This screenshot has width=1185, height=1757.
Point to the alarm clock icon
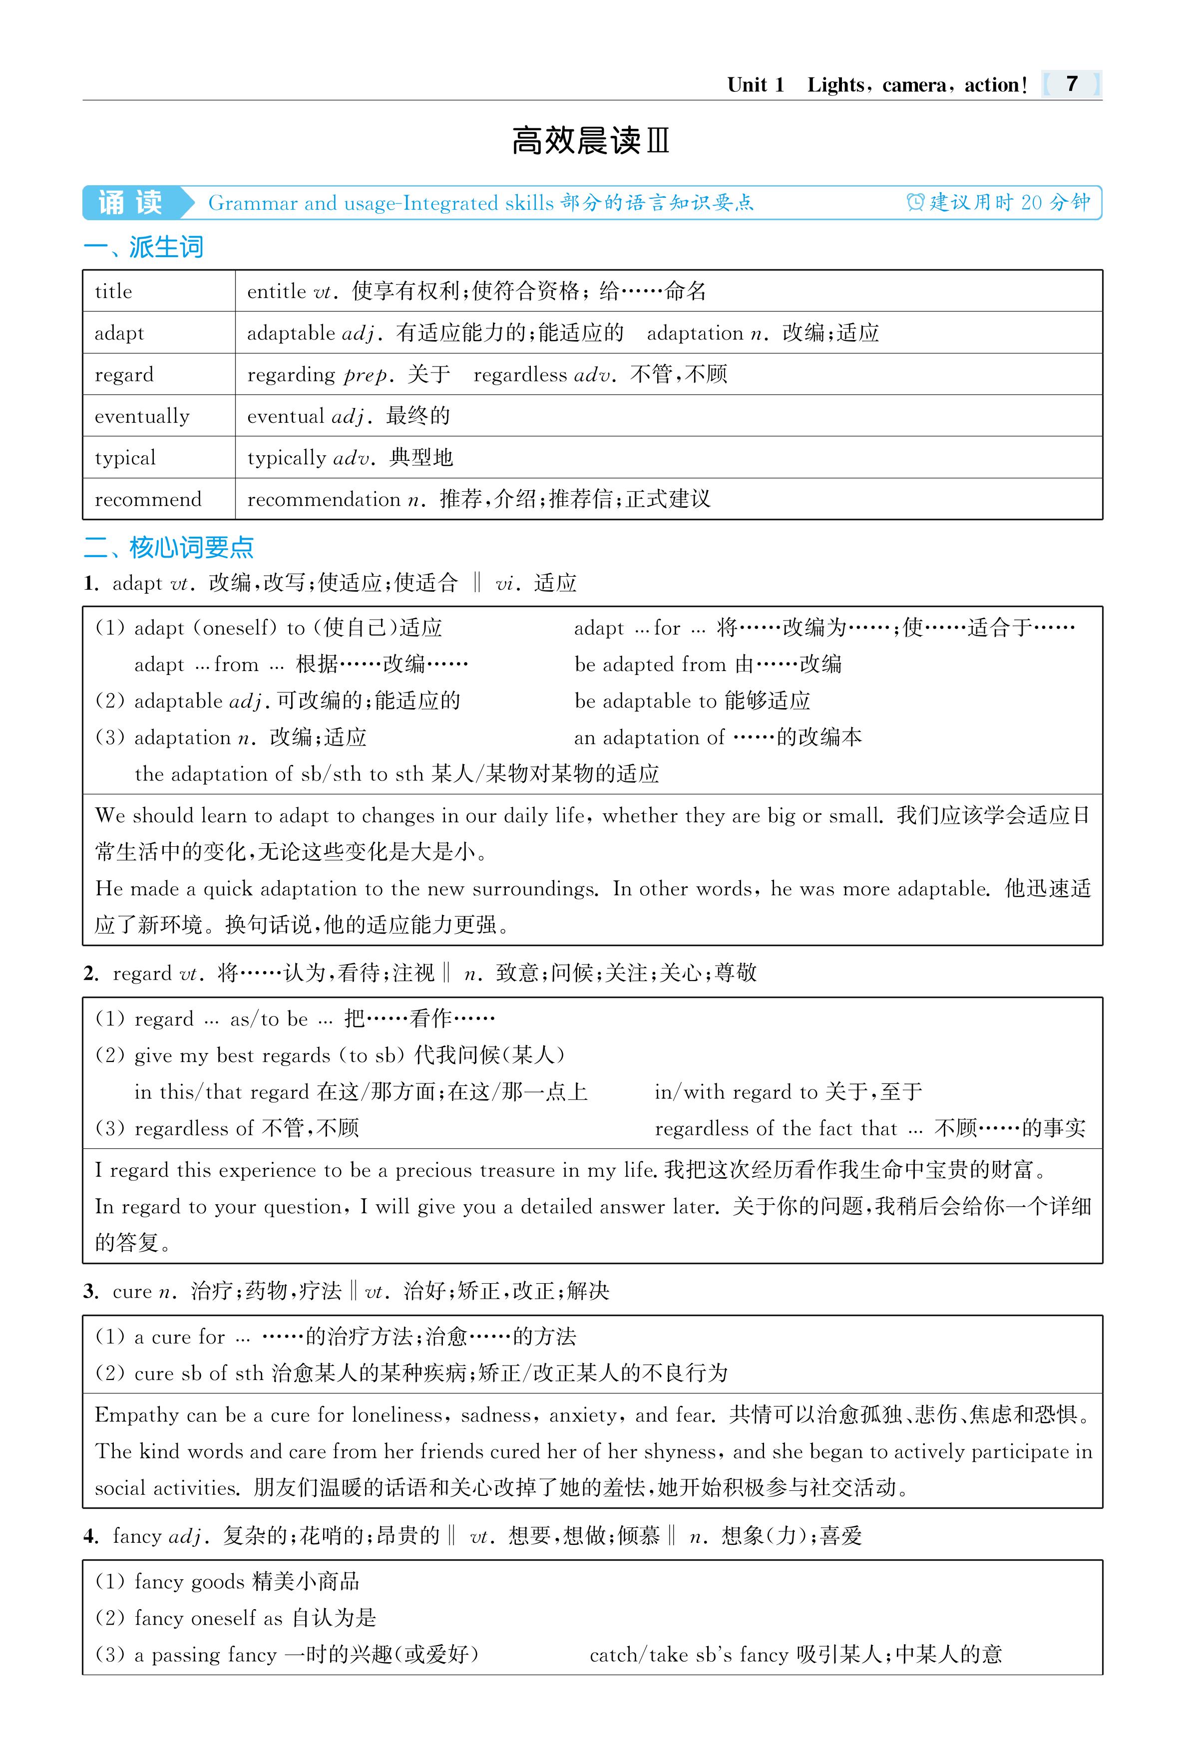click(915, 203)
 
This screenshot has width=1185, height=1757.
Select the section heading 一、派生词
click(144, 247)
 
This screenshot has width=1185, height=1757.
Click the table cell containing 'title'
click(113, 292)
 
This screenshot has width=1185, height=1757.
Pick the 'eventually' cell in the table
click(142, 416)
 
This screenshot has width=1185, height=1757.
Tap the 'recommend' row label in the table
click(148, 499)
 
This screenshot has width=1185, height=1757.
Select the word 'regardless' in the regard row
click(519, 375)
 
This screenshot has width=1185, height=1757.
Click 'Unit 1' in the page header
click(756, 85)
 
